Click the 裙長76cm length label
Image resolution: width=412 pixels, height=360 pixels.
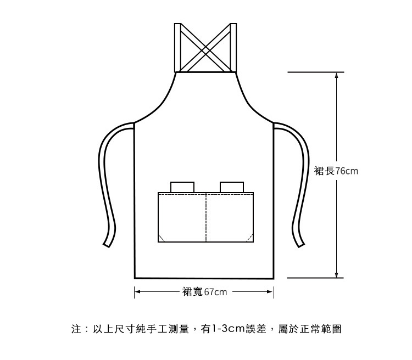pyautogui.click(x=336, y=171)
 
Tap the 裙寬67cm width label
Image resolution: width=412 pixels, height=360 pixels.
pyautogui.click(x=204, y=291)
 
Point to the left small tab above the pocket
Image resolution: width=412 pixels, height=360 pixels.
pyautogui.click(x=181, y=187)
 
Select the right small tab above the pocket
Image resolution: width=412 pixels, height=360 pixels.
pyautogui.click(x=231, y=187)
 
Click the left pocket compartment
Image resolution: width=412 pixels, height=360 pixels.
pyautogui.click(x=181, y=217)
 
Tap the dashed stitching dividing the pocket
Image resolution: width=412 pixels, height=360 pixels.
pyautogui.click(x=206, y=217)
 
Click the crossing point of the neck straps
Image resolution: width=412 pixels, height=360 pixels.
pyautogui.click(x=206, y=48)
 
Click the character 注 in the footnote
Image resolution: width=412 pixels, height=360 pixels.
pyautogui.click(x=76, y=329)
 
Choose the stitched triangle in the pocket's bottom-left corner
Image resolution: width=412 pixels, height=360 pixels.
pyautogui.click(x=162, y=238)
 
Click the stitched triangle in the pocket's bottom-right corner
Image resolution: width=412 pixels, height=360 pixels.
pyautogui.click(x=249, y=238)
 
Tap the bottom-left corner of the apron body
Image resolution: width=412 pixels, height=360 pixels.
pyautogui.click(x=135, y=278)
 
